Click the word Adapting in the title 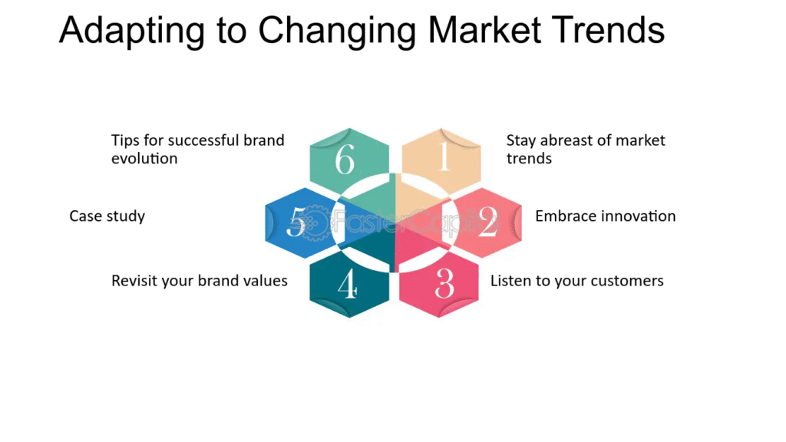pos(132,31)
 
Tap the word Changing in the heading pos(336,31)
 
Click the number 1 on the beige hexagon pos(444,157)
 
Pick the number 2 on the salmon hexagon pos(487,222)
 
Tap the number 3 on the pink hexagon pos(444,284)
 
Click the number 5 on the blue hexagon pos(296,222)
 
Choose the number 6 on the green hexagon pos(345,160)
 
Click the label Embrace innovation pos(606,216)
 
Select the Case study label pos(107,216)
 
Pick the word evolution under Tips pos(144,158)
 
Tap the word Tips pos(125,141)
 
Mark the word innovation pos(638,216)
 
